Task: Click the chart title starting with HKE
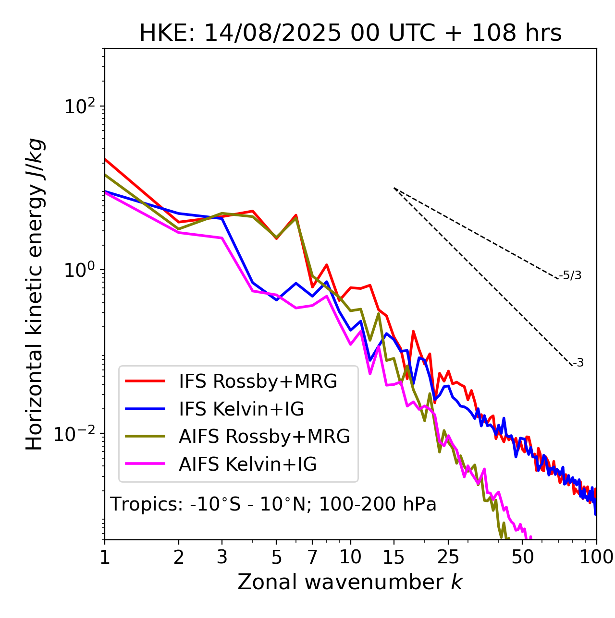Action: [350, 33]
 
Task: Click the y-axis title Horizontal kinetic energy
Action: [35, 294]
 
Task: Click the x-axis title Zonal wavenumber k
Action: [350, 582]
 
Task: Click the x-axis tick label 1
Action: [105, 557]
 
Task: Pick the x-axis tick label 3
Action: [222, 557]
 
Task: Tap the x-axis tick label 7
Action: [312, 557]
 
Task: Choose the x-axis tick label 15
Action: [394, 557]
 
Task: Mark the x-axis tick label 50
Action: [522, 557]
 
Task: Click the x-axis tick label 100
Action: [596, 557]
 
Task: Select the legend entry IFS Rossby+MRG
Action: [258, 381]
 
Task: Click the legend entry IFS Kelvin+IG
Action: [241, 409]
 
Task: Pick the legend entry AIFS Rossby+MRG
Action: [264, 437]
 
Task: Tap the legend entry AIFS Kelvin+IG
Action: [247, 464]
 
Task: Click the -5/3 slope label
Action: [570, 275]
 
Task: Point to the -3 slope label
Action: [578, 363]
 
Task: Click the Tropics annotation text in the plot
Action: [273, 505]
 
